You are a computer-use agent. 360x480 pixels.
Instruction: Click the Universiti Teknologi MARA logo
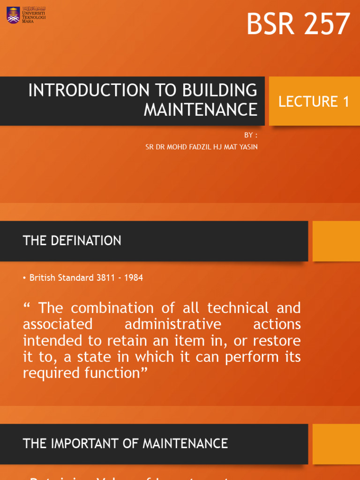(x=26, y=15)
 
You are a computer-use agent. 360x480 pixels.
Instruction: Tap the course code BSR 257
(x=298, y=24)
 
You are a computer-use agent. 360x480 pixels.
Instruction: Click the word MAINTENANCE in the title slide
(x=200, y=110)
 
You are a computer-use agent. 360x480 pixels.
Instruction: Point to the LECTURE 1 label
(x=314, y=101)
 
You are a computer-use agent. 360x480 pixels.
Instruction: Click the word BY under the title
(x=248, y=135)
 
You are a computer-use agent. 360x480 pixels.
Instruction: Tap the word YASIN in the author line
(x=248, y=147)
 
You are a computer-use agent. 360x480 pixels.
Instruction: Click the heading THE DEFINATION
(x=72, y=241)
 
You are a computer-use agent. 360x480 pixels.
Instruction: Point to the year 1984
(x=134, y=277)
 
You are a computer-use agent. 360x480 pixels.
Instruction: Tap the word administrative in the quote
(x=172, y=324)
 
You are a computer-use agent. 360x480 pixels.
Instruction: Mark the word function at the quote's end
(x=112, y=373)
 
